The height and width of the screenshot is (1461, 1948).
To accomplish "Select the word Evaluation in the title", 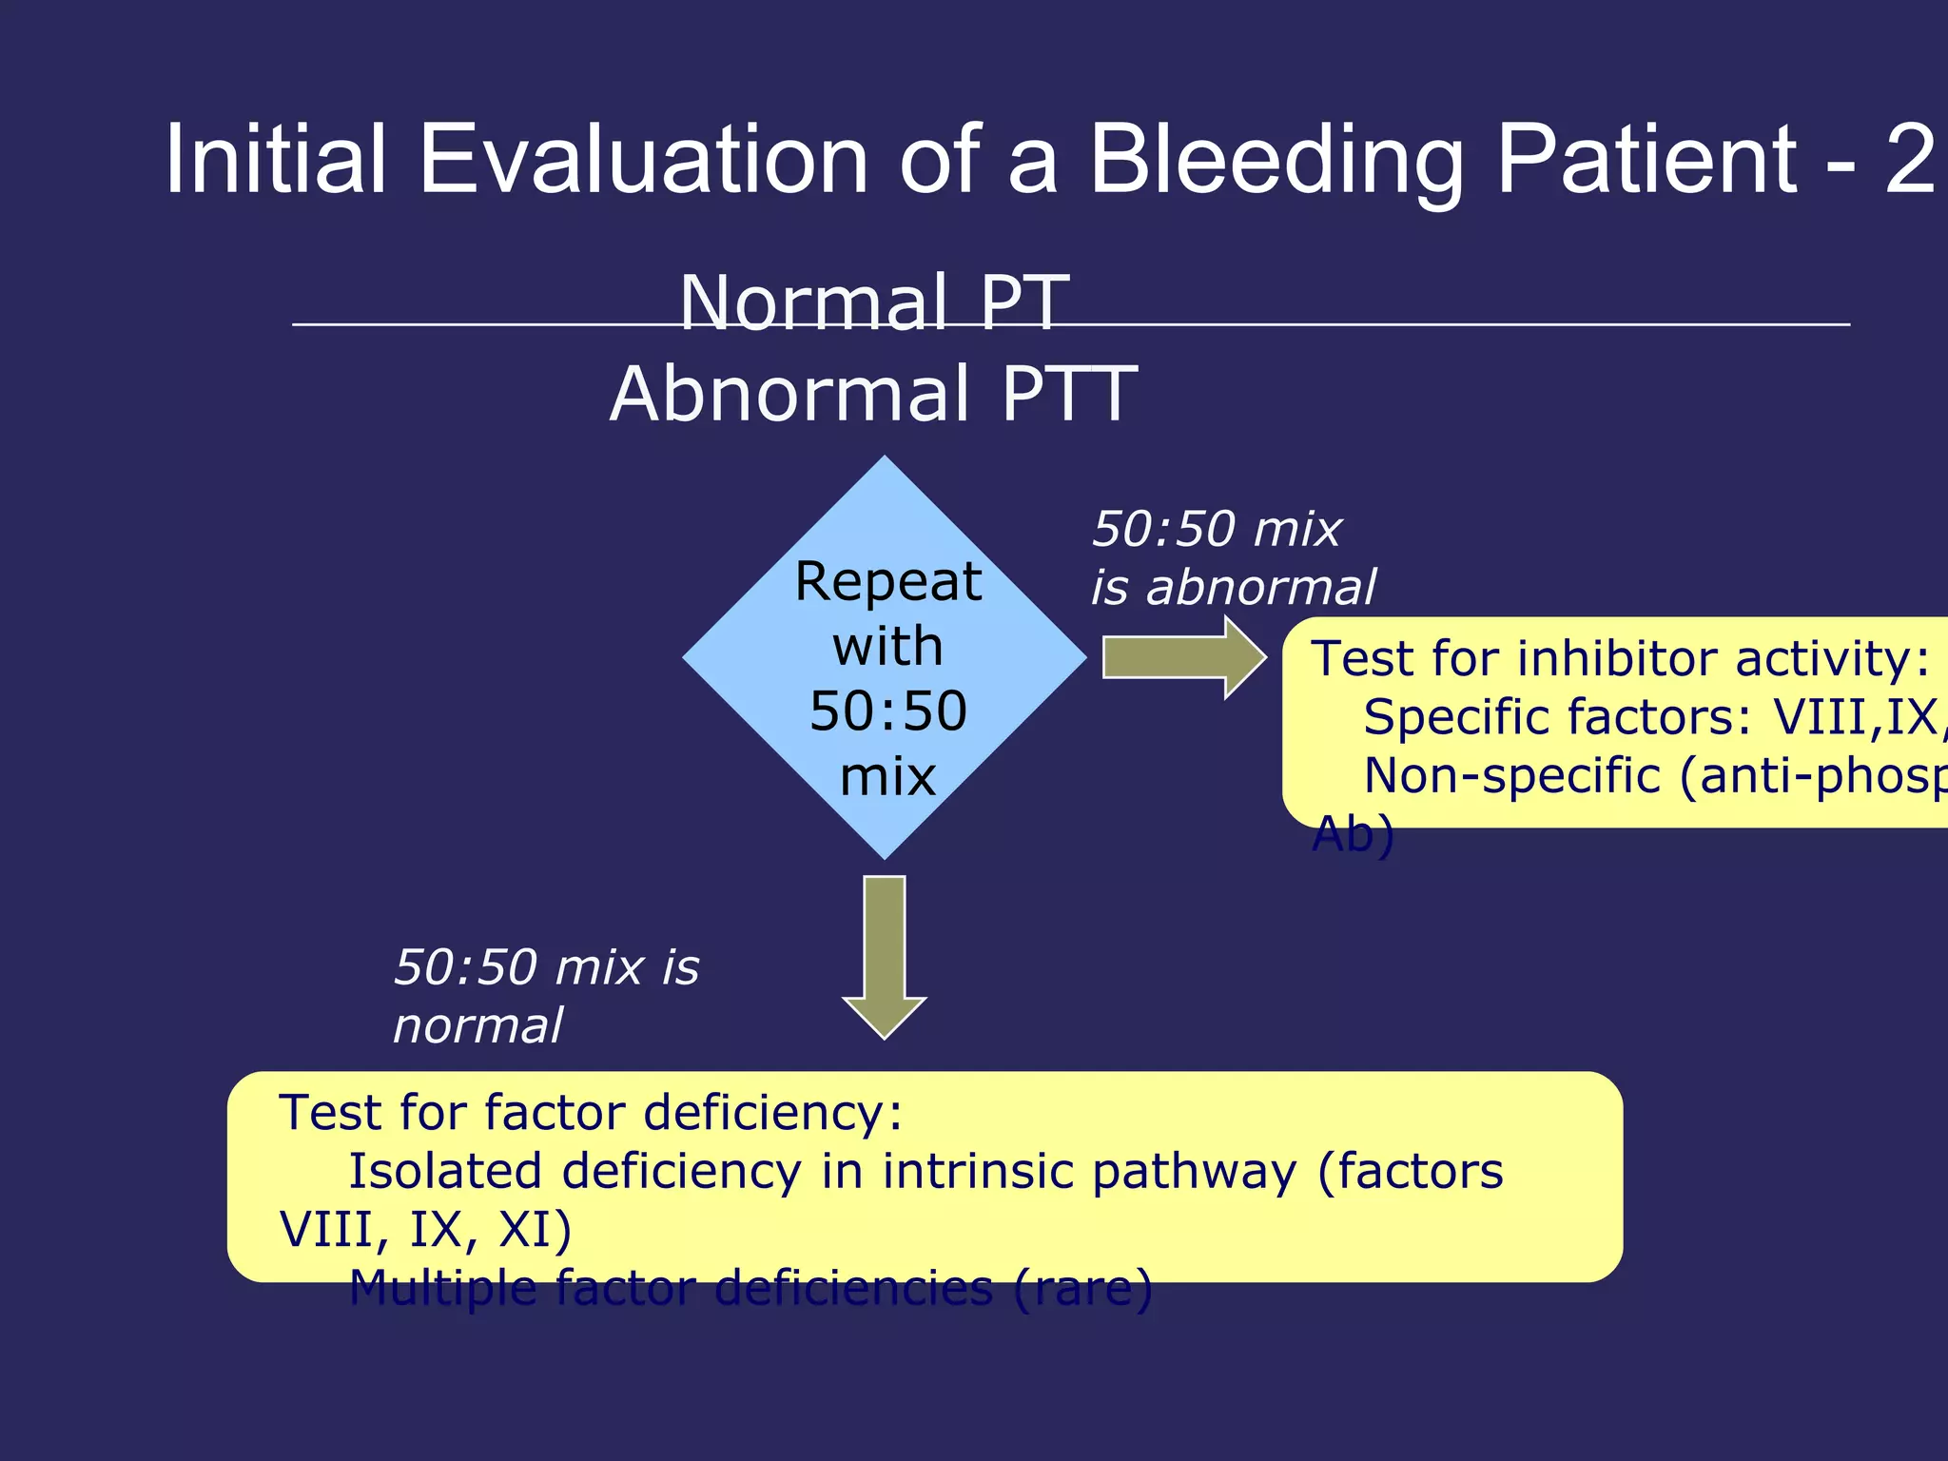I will tap(643, 160).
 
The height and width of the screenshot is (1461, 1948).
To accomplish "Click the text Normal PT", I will tap(874, 302).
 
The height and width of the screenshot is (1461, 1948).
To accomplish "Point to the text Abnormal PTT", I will tap(874, 394).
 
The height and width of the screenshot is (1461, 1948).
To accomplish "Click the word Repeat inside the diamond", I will tap(887, 582).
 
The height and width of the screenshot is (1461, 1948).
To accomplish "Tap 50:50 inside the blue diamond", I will tap(887, 711).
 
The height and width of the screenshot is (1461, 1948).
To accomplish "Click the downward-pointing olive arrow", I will tap(885, 956).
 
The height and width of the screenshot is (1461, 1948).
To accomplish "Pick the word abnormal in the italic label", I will tap(1260, 588).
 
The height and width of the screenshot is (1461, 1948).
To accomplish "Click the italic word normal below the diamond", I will tap(478, 1026).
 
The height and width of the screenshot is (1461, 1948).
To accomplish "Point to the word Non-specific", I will tap(1512, 775).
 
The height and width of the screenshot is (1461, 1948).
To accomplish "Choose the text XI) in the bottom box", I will tap(535, 1230).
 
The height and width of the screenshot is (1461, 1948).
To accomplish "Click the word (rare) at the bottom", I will tap(1082, 1289).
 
